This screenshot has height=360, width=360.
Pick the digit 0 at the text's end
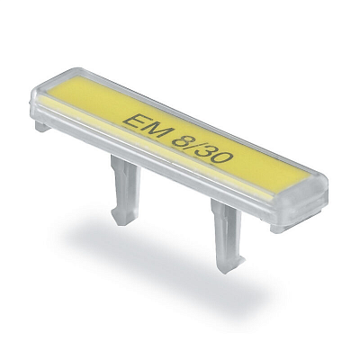(223, 159)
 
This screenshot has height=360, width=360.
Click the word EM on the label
(147, 129)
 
